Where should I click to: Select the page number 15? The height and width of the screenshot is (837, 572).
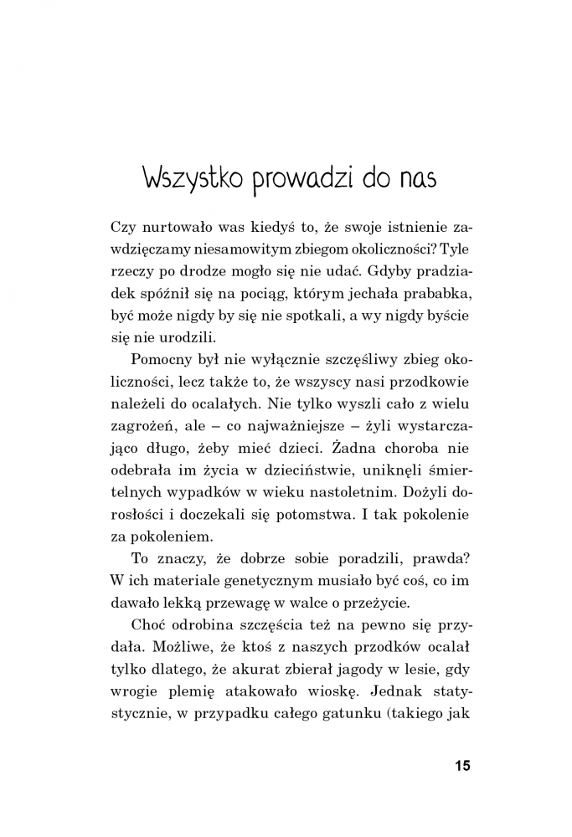coord(462,766)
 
